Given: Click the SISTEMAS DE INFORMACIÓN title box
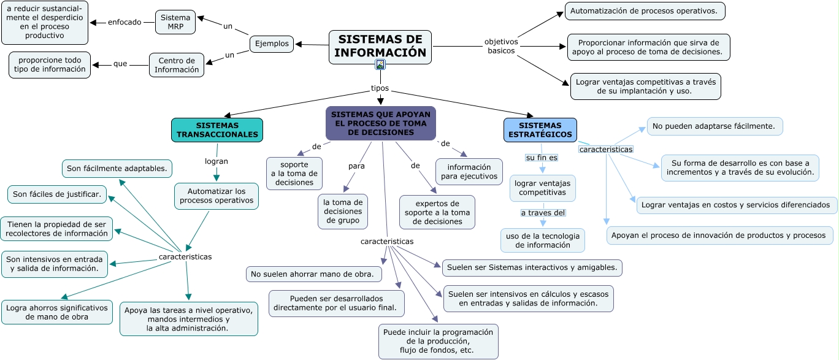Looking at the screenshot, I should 380,46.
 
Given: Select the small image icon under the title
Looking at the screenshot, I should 380,64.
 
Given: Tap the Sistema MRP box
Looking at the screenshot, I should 175,22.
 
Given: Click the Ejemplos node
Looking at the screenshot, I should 272,44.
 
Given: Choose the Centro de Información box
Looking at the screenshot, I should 177,65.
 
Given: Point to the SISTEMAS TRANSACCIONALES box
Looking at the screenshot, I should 217,130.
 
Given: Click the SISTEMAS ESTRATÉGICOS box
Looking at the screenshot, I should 540,130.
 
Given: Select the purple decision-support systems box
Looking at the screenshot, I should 380,123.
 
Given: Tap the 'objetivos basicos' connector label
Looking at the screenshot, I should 501,47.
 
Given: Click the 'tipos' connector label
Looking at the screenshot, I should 380,88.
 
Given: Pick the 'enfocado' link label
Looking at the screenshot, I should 125,22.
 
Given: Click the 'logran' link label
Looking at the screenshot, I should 216,162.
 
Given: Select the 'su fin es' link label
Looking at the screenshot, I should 542,158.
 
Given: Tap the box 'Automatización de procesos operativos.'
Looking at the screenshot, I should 645,11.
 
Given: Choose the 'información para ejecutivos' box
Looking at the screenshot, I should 469,172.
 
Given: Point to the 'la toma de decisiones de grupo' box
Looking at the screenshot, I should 343,212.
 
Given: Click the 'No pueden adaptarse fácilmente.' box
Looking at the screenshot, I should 714,126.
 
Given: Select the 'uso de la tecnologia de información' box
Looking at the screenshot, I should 543,240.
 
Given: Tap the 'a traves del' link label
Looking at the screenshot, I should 543,213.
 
